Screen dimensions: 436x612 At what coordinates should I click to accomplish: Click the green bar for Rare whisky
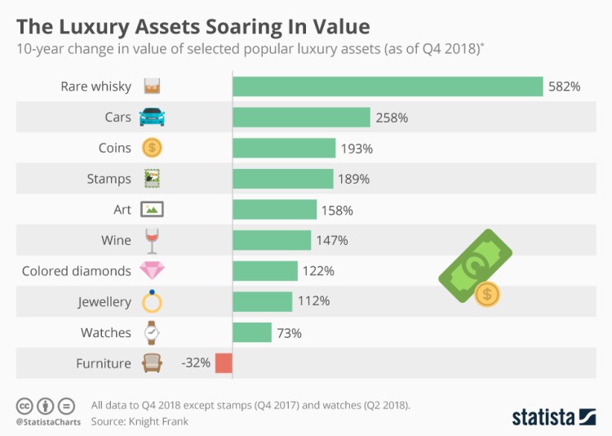pyautogui.click(x=388, y=87)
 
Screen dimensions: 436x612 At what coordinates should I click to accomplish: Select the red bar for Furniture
pyautogui.click(x=224, y=363)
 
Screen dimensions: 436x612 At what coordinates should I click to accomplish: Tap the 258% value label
pyautogui.click(x=392, y=118)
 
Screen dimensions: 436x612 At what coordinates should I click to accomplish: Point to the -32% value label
pyautogui.click(x=196, y=363)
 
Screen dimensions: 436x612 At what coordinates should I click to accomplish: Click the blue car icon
pyautogui.click(x=152, y=117)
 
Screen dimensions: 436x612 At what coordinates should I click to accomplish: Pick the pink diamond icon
pyautogui.click(x=152, y=270)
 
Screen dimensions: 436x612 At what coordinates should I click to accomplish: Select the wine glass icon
pyautogui.click(x=152, y=240)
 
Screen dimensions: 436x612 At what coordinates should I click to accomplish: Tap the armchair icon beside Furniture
pyautogui.click(x=152, y=363)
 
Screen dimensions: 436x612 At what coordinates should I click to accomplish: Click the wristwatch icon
pyautogui.click(x=152, y=332)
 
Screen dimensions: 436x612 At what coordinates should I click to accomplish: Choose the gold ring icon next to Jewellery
pyautogui.click(x=152, y=301)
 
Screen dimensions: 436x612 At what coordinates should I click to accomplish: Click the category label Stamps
pyautogui.click(x=109, y=179)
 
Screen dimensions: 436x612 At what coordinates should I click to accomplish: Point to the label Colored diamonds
pyautogui.click(x=76, y=271)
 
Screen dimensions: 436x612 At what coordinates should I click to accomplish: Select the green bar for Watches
pyautogui.click(x=252, y=332)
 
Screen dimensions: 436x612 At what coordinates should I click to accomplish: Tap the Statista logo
pyautogui.click(x=553, y=417)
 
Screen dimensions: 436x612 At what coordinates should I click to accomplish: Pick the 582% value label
pyautogui.click(x=564, y=87)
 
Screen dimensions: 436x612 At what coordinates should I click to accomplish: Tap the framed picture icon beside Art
pyautogui.click(x=152, y=209)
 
